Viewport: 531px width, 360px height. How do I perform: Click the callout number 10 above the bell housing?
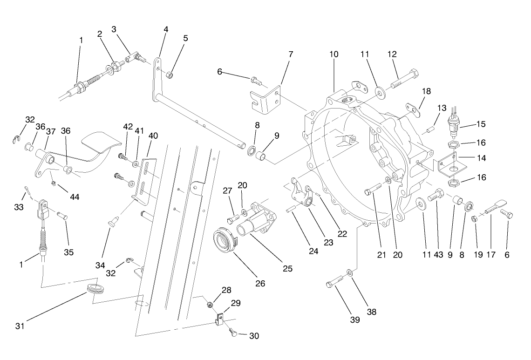[334, 54]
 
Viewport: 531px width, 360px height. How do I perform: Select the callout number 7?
[291, 54]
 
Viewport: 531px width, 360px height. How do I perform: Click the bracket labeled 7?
[266, 99]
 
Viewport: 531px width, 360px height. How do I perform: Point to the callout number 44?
[75, 197]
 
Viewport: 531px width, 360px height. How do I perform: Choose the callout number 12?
[392, 54]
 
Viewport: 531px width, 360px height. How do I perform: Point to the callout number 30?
[254, 336]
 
